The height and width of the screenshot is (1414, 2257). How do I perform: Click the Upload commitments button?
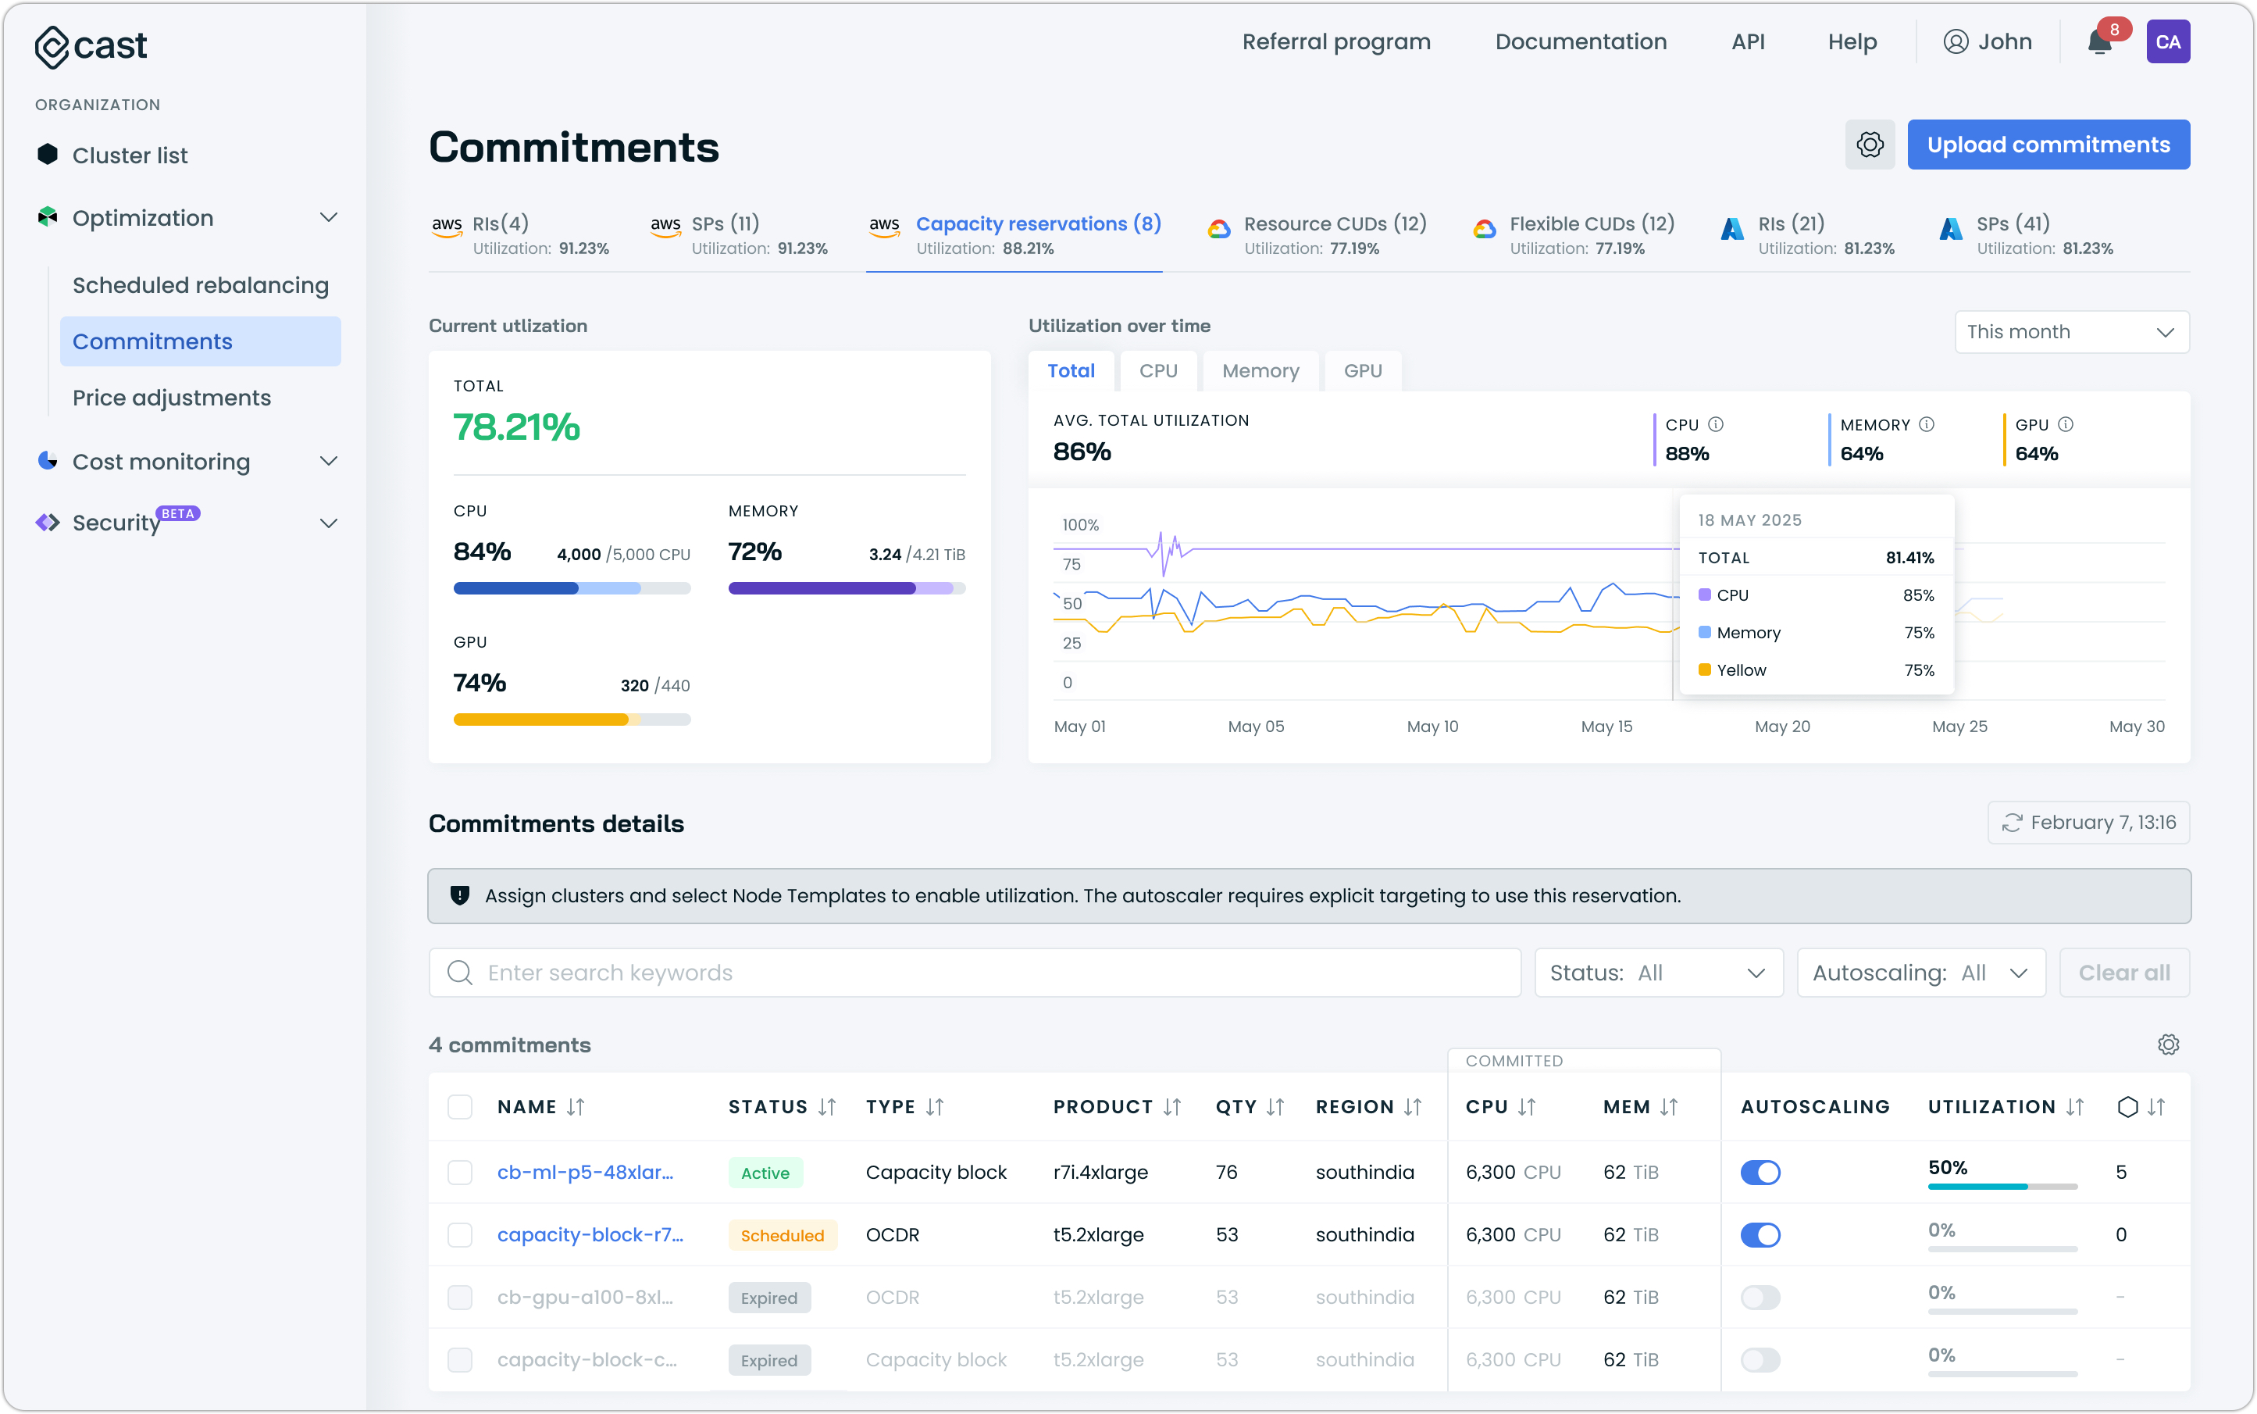[2047, 145]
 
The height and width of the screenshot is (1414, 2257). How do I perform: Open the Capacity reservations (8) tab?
[1037, 224]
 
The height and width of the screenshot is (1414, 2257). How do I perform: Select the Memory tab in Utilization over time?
[1260, 371]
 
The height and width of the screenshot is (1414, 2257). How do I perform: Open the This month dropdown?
[2070, 332]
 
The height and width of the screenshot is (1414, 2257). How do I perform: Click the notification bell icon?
[2099, 43]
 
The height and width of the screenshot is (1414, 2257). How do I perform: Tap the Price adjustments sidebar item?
[171, 398]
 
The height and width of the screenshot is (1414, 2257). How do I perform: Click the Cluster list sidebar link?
[129, 155]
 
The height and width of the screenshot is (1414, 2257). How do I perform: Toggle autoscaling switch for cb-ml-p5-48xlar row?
[1759, 1172]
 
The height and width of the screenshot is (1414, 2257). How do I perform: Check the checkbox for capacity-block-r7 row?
[459, 1234]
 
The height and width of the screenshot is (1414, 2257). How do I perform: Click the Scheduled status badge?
[782, 1235]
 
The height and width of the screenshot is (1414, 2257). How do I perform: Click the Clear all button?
[2123, 973]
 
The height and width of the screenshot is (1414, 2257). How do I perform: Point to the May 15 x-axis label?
[1606, 727]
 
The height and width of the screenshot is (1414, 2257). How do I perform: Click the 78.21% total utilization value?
[516, 427]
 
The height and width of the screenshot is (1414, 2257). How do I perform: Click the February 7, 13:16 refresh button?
[2087, 823]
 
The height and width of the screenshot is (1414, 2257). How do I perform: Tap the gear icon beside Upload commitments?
[1869, 145]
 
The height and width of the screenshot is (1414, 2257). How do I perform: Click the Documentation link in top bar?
[1580, 42]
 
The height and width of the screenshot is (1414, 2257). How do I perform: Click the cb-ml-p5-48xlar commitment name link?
[584, 1172]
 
